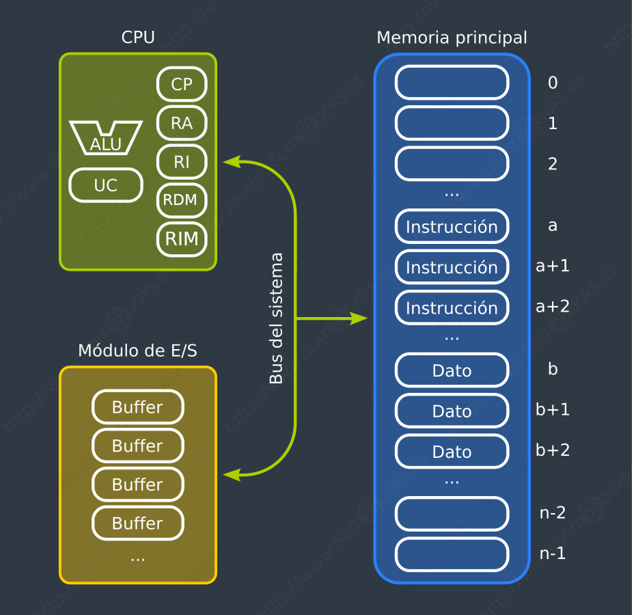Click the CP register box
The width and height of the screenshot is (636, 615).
click(182, 84)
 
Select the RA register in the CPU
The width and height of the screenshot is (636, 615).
click(182, 123)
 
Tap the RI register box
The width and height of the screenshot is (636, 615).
click(182, 162)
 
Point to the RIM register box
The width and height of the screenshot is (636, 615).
click(182, 239)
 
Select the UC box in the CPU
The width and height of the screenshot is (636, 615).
click(106, 185)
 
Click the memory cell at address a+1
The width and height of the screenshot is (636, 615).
click(452, 267)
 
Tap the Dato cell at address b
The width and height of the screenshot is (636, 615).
click(452, 370)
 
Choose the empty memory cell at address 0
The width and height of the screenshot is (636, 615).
click(452, 83)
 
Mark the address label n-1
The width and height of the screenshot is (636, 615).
click(553, 553)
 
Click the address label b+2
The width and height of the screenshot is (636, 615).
click(553, 450)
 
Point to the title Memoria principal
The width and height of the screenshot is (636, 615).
click(452, 38)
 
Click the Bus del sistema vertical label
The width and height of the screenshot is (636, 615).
click(276, 318)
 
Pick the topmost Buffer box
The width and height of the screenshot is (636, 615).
click(138, 407)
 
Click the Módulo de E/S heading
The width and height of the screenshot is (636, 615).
click(138, 351)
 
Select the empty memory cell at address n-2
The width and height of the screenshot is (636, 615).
click(452, 513)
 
